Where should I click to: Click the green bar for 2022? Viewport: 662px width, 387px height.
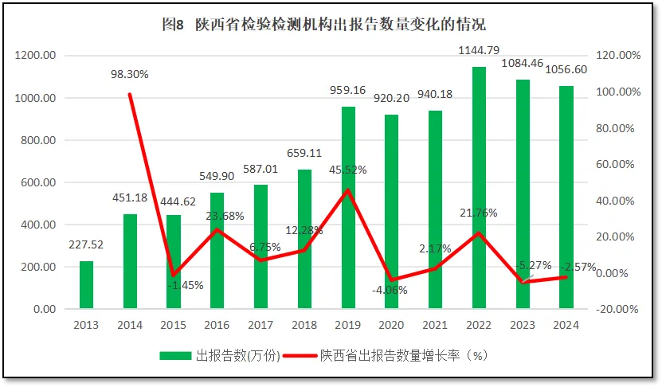[x=479, y=187]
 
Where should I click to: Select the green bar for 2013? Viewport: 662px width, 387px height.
[x=86, y=284]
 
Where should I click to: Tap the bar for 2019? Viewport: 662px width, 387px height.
[x=348, y=207]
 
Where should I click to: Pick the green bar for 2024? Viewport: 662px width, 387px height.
[x=566, y=197]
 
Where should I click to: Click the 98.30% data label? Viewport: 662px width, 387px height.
[x=130, y=74]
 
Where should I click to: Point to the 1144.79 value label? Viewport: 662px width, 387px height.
[x=479, y=51]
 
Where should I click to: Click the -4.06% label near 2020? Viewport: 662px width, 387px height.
[x=390, y=290]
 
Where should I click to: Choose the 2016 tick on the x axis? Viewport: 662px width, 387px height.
[x=217, y=325]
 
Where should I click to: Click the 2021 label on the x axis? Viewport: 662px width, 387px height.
[x=435, y=325]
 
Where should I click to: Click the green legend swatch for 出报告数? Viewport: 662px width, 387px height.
[x=175, y=355]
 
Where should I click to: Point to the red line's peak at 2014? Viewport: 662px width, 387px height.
[x=130, y=94]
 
